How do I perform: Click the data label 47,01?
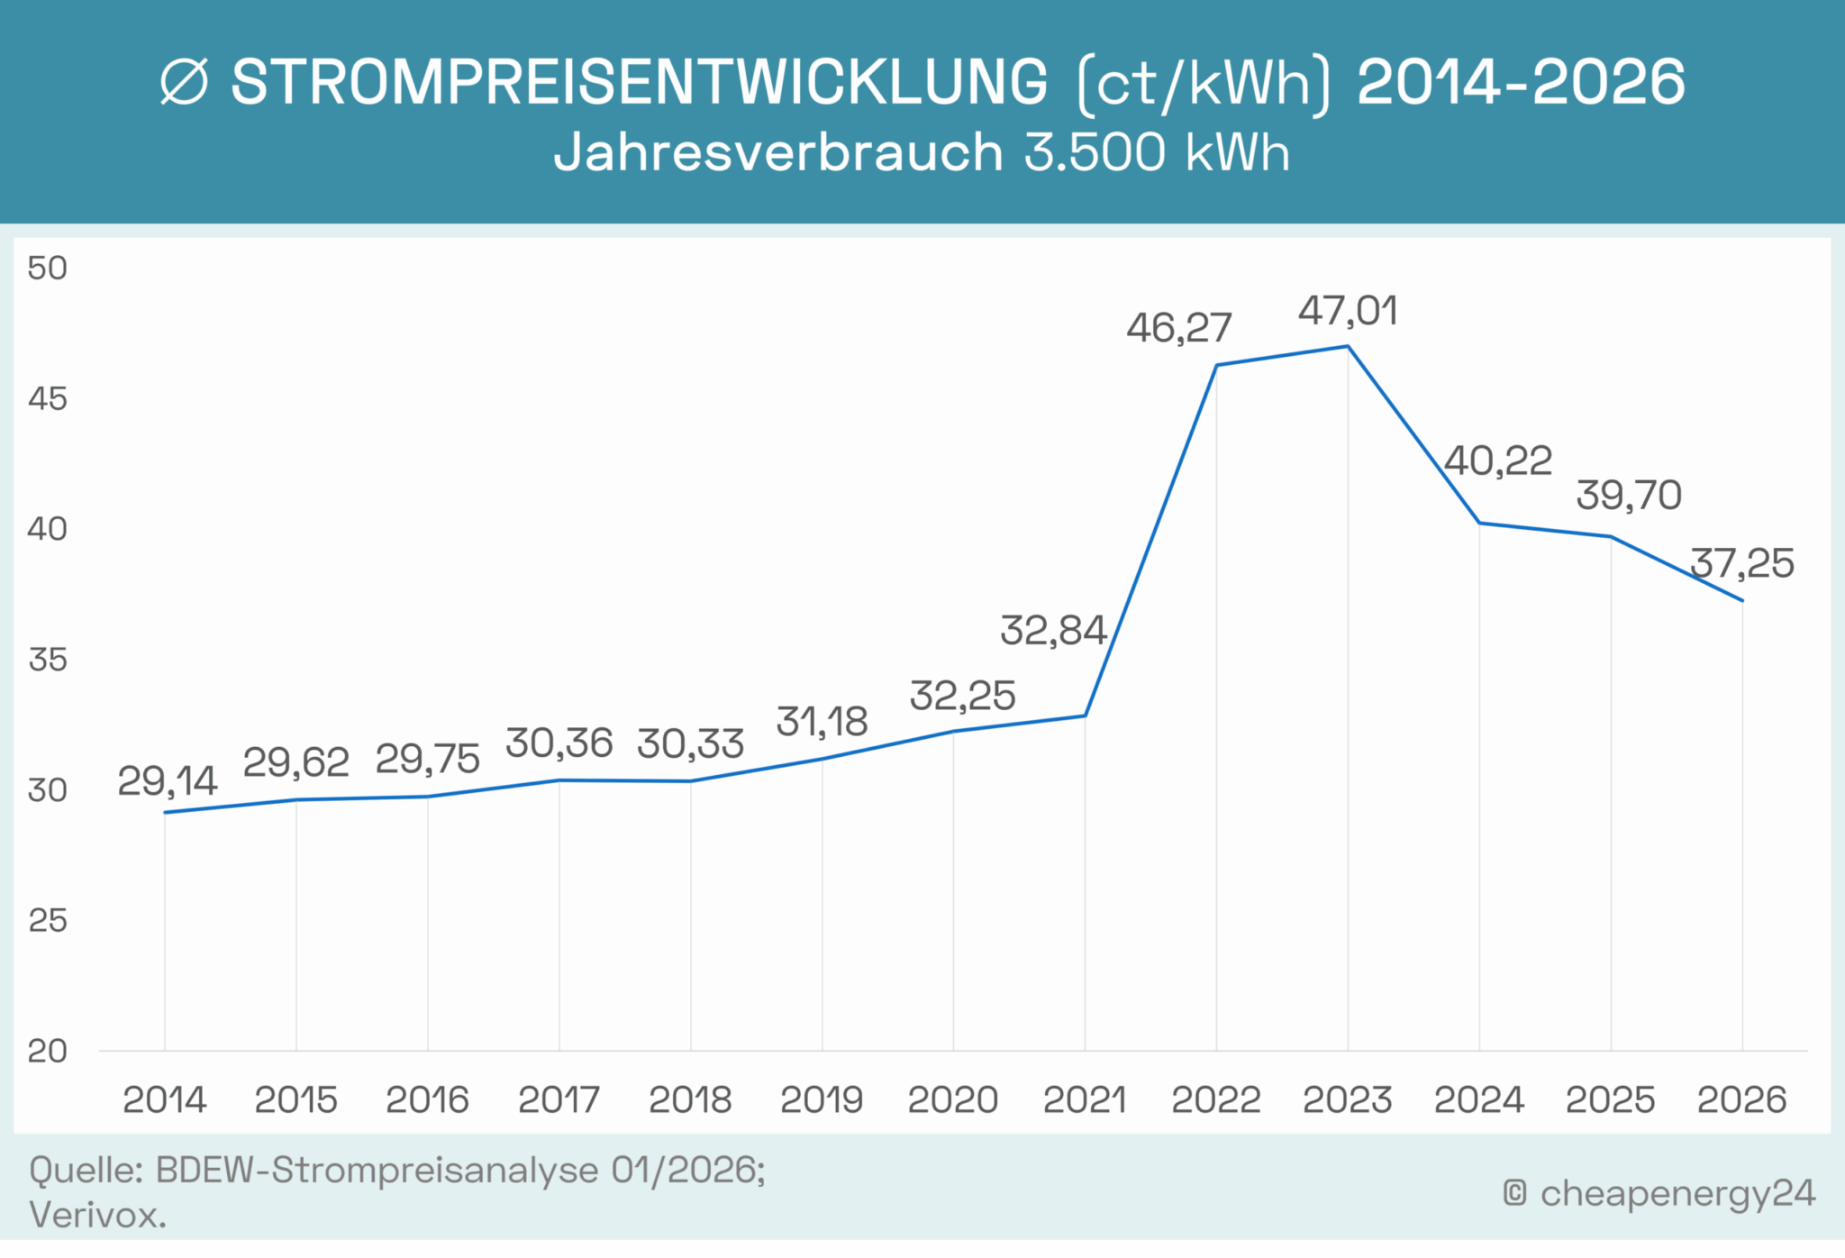coord(1348,312)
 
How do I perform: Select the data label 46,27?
coord(1178,328)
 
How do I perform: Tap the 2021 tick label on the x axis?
coord(1085,1100)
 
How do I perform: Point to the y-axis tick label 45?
coord(48,398)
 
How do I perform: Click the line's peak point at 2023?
coord(1347,346)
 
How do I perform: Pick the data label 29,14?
coord(168,781)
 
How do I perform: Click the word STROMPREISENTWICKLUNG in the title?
coord(640,83)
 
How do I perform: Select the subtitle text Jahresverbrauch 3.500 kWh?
coord(922,152)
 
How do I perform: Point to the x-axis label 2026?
coord(1741,1100)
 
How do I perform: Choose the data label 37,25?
coord(1741,564)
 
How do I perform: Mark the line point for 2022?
coord(1216,365)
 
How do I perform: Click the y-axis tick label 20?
coord(48,1051)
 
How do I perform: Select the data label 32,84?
coord(1053,631)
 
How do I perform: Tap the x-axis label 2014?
coord(165,1100)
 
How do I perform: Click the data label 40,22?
coord(1497,461)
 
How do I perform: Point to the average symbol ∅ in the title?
coord(185,83)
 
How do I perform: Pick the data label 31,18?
coord(822,722)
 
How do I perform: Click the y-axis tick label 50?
coord(48,268)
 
